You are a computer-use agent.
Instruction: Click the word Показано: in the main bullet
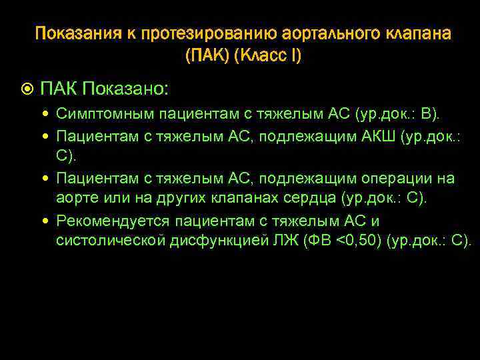coord(127,89)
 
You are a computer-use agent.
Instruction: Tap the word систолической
coord(109,240)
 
